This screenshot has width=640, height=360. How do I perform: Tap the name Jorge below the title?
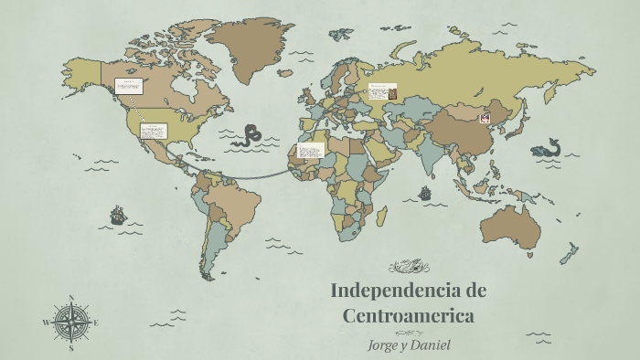[382, 344]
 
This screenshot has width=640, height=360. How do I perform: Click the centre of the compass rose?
[70, 322]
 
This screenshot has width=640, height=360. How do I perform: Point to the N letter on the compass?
[70, 297]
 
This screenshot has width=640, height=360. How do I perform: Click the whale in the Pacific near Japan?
[547, 147]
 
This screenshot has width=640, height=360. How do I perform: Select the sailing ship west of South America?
[118, 216]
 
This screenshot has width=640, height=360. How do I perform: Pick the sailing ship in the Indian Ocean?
[424, 194]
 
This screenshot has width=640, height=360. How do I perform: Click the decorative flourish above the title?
[409, 267]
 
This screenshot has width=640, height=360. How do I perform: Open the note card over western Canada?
[128, 87]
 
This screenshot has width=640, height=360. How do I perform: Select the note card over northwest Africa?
[312, 149]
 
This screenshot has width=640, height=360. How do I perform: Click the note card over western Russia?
[382, 92]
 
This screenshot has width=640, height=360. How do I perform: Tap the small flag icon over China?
[485, 118]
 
